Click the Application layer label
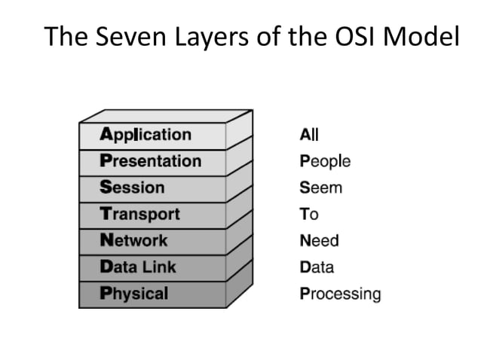(146, 135)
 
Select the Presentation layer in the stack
(151, 161)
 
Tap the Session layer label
(132, 188)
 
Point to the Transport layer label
(140, 214)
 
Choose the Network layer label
(134, 241)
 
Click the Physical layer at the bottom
(134, 294)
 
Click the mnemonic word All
(309, 135)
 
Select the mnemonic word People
(325, 161)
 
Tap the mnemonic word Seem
(320, 188)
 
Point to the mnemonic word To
(309, 214)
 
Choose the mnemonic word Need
(320, 241)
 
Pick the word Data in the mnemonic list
(317, 267)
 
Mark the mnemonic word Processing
(340, 294)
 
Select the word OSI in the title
(346, 37)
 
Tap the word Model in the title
(418, 37)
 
